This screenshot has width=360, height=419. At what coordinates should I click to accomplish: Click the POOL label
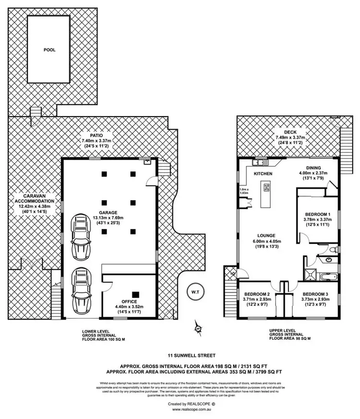pos(49,49)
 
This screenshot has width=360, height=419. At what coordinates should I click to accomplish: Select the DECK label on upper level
pos(290,132)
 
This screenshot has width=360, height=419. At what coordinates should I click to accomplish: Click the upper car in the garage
pos(80,235)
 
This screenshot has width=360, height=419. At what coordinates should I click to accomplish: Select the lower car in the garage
pos(80,290)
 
